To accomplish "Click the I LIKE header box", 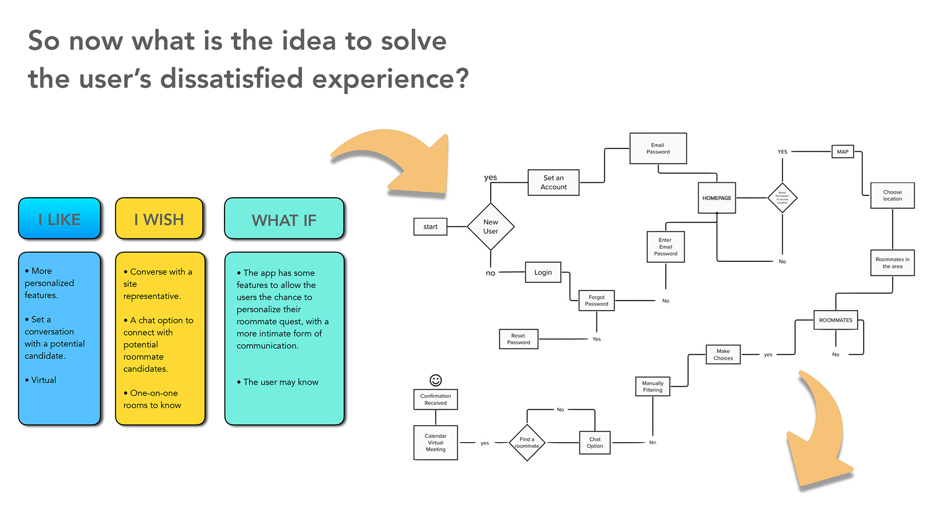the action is pyautogui.click(x=60, y=219).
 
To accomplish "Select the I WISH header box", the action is pyautogui.click(x=159, y=219).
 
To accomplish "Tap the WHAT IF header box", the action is pyautogui.click(x=284, y=220).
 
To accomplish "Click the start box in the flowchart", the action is pyautogui.click(x=430, y=226).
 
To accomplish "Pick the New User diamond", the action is pyautogui.click(x=491, y=226).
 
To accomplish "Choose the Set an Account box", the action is pyautogui.click(x=553, y=182).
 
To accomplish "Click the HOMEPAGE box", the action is pyautogui.click(x=717, y=198).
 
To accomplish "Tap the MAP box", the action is pyautogui.click(x=843, y=152).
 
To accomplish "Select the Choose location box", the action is pyautogui.click(x=892, y=195).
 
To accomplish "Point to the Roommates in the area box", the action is pyautogui.click(x=892, y=263).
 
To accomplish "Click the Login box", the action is pyautogui.click(x=543, y=272).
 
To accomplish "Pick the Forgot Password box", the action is pyautogui.click(x=596, y=301).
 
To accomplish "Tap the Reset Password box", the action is pyautogui.click(x=518, y=339).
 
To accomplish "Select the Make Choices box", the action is pyautogui.click(x=723, y=354).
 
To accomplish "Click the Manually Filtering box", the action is pyautogui.click(x=653, y=386).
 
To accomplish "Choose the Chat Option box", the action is pyautogui.click(x=594, y=443).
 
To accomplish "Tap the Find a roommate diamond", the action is pyautogui.click(x=527, y=443).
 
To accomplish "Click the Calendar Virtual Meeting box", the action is pyautogui.click(x=435, y=443).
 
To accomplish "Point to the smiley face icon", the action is pyautogui.click(x=435, y=380).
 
